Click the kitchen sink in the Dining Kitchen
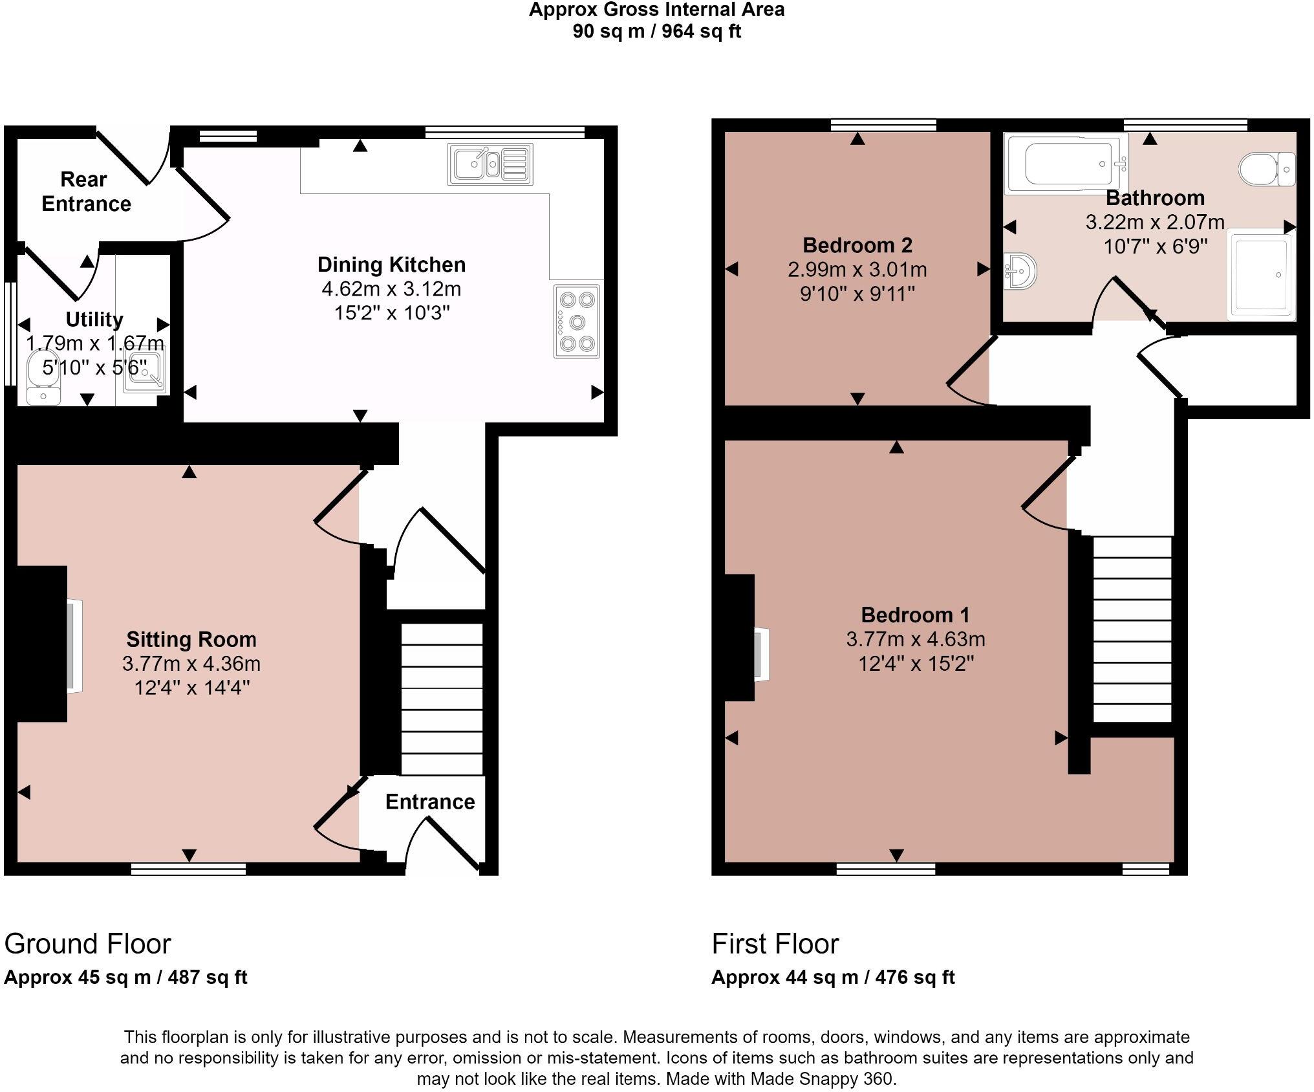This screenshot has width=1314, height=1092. (x=490, y=164)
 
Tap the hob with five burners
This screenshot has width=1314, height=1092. (x=577, y=322)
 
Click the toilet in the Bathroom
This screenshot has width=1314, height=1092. (x=1266, y=169)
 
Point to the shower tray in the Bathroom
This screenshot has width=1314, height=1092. (x=1261, y=274)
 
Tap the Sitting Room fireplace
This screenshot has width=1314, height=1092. (x=74, y=646)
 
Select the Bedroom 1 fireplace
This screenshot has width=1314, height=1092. (x=760, y=653)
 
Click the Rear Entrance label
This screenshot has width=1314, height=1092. (x=85, y=191)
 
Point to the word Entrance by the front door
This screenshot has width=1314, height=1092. (x=430, y=802)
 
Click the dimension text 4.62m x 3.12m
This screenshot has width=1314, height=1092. (x=391, y=289)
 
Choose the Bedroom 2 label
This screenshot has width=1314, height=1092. (x=857, y=245)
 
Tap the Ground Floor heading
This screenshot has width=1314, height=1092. (x=87, y=944)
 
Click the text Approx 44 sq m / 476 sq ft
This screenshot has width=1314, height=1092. (x=833, y=977)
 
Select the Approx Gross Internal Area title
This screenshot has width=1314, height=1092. (x=656, y=10)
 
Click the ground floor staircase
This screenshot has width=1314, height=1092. (x=442, y=699)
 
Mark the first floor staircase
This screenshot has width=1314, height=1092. (x=1132, y=629)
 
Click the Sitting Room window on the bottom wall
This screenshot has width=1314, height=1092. (x=188, y=869)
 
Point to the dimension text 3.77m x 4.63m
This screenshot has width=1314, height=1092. (x=915, y=639)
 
